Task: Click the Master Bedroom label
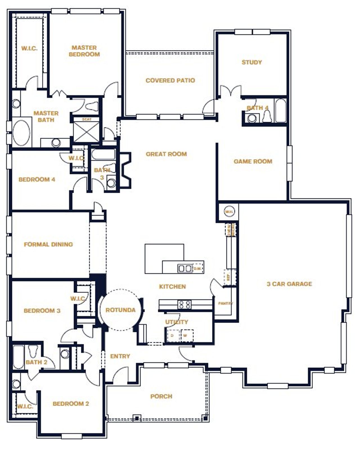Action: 84,51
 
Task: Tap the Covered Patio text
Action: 170,80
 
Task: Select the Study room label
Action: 252,62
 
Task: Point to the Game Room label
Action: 253,161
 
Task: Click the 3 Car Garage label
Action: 289,284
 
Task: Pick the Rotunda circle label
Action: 120,310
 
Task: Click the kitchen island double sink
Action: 185,268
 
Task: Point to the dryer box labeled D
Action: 172,336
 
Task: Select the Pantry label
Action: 225,304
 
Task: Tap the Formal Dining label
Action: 48,244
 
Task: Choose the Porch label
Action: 161,396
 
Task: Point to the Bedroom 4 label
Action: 37,179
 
